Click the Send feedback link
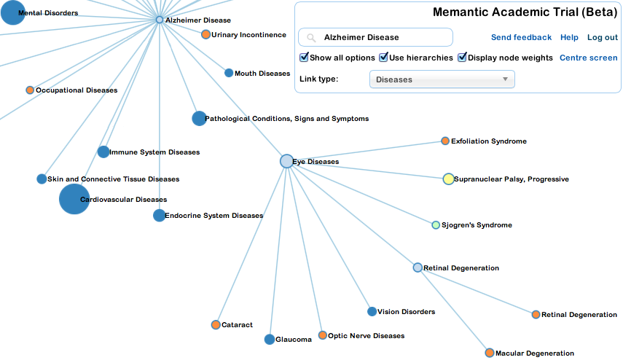click(521, 37)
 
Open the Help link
click(569, 37)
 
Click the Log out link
click(602, 37)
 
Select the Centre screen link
click(588, 58)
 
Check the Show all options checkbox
click(304, 58)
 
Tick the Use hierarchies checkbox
click(383, 58)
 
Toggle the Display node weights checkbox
click(462, 58)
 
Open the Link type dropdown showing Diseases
click(442, 79)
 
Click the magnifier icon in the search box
click(311, 37)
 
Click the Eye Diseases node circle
click(286, 161)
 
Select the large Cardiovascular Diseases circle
click(74, 199)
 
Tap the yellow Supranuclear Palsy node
click(449, 179)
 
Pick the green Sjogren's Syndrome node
click(436, 225)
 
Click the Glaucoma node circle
click(270, 339)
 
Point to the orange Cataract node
click(216, 324)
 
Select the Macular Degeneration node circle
click(490, 353)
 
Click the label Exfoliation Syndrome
click(488, 141)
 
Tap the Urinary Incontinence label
click(243, 35)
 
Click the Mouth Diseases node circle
click(229, 73)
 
